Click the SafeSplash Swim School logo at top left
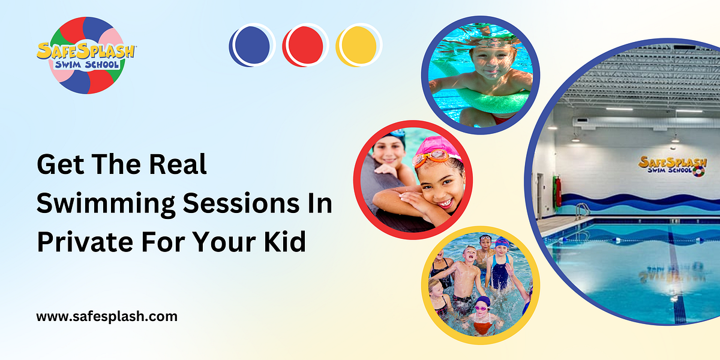[x=85, y=55]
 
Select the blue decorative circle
[x=251, y=45]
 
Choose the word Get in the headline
[x=57, y=164]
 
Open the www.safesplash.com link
[x=107, y=316]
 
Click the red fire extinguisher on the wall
[x=559, y=191]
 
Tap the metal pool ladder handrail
[x=581, y=211]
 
